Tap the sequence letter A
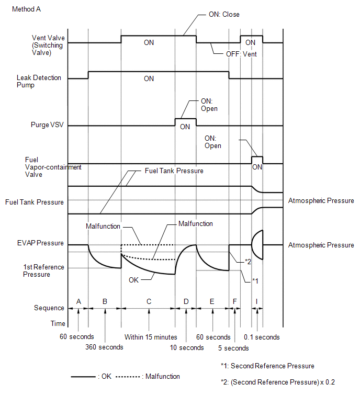click(x=78, y=301)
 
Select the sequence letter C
click(x=149, y=301)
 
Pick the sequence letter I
click(x=257, y=301)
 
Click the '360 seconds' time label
click(x=105, y=347)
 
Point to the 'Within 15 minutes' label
click(x=151, y=337)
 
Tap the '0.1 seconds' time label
click(x=262, y=337)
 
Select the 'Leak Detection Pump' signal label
click(x=39, y=82)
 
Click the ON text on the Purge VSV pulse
click(x=185, y=127)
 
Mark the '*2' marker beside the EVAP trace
click(x=249, y=261)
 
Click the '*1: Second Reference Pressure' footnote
click(x=267, y=366)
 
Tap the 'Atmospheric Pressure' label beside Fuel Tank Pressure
click(x=321, y=201)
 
